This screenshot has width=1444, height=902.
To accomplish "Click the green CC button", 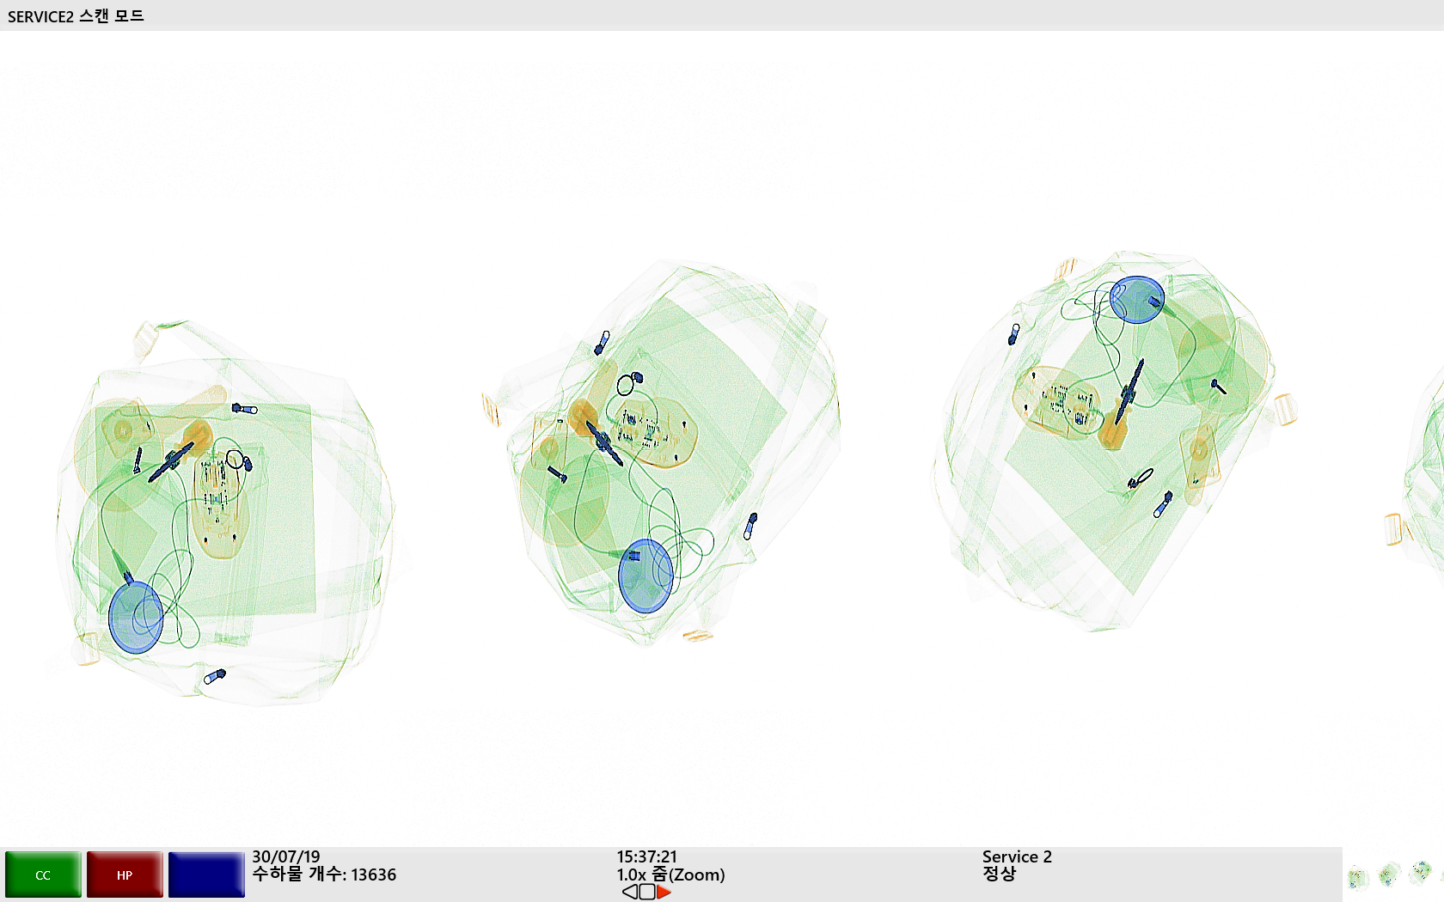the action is pyautogui.click(x=43, y=875).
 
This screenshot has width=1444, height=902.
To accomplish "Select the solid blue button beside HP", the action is pyautogui.click(x=206, y=875).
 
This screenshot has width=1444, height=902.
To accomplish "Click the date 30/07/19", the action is pyautogui.click(x=285, y=857).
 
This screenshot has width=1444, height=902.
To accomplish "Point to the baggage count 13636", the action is pyautogui.click(x=373, y=875).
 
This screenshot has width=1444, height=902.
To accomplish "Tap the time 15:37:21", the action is pyautogui.click(x=646, y=857).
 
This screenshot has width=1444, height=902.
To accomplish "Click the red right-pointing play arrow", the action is pyautogui.click(x=664, y=893).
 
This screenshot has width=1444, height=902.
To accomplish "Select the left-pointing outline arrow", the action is pyautogui.click(x=630, y=893).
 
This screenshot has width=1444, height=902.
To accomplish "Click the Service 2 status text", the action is pyautogui.click(x=1017, y=857).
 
